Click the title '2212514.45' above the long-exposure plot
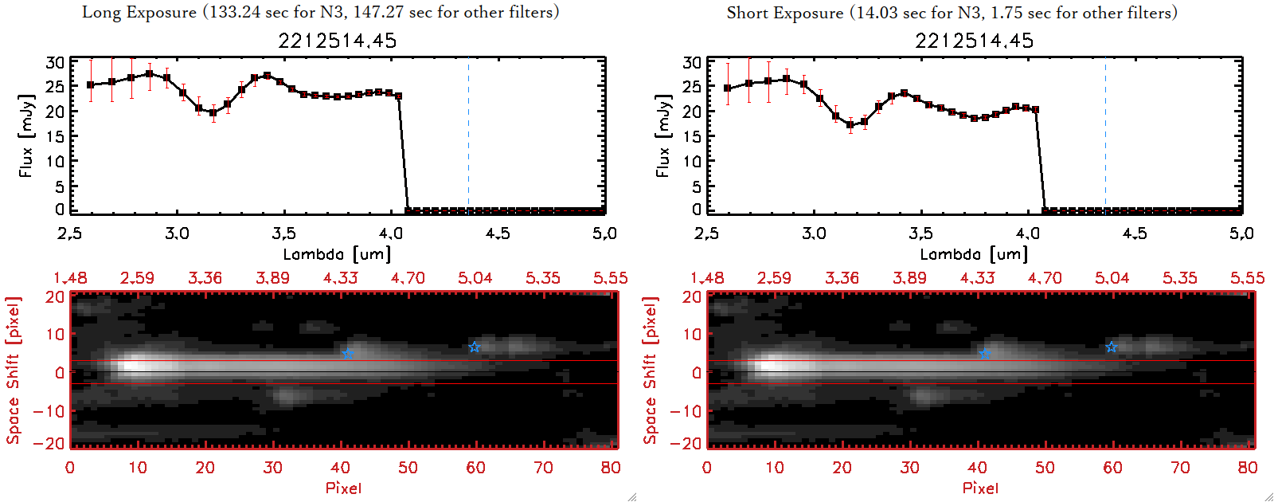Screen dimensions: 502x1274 pyautogui.click(x=337, y=41)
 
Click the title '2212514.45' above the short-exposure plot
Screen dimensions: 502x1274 pyautogui.click(x=974, y=41)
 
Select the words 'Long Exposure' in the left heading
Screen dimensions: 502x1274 pyautogui.click(x=139, y=12)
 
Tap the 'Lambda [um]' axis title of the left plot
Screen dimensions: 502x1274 pyautogui.click(x=337, y=254)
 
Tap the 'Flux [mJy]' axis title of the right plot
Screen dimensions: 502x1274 pyautogui.click(x=662, y=135)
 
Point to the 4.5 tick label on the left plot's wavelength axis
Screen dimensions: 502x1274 pyautogui.click(x=498, y=233)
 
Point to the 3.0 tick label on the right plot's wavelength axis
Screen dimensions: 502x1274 pyautogui.click(x=813, y=233)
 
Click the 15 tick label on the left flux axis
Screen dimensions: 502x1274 pyautogui.click(x=55, y=136)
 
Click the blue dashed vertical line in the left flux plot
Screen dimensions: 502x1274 pyautogui.click(x=468, y=135)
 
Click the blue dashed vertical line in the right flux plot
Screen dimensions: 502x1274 pyautogui.click(x=1105, y=135)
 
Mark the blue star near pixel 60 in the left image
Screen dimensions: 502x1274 pyautogui.click(x=475, y=347)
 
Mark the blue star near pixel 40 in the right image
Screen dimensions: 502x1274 pyautogui.click(x=984, y=352)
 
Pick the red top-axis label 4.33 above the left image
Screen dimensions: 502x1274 pyautogui.click(x=340, y=278)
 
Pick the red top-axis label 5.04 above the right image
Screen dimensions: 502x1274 pyautogui.click(x=1112, y=278)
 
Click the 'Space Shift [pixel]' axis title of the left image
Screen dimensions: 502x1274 pyautogui.click(x=13, y=371)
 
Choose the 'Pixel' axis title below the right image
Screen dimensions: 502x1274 pyautogui.click(x=980, y=488)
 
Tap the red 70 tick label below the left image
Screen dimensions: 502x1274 pyautogui.click(x=543, y=468)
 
